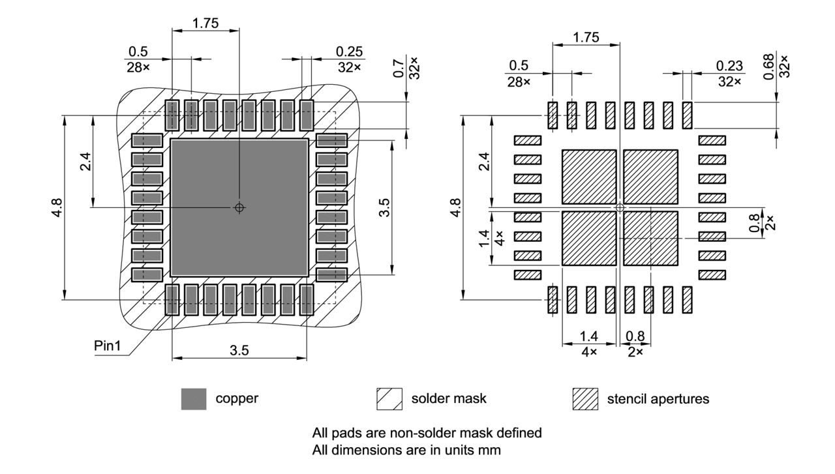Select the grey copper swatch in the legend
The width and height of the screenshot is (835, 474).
(193, 399)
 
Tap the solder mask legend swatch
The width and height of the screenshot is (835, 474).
(388, 399)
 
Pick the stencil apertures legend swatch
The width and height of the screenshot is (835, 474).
(584, 399)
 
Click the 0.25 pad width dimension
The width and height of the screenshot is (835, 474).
(350, 52)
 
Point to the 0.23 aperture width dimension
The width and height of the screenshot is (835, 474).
(729, 66)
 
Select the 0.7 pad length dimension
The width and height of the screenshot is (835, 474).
(398, 68)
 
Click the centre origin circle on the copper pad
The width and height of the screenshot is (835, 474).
(239, 207)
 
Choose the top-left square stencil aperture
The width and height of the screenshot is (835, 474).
(589, 177)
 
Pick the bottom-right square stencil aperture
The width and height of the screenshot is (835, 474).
(650, 238)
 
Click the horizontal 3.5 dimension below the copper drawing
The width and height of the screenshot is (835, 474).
(239, 350)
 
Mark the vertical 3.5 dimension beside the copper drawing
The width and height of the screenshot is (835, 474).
(385, 207)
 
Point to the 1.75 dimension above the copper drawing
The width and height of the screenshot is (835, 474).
(205, 23)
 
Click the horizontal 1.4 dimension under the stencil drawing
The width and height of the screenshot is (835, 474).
(588, 336)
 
